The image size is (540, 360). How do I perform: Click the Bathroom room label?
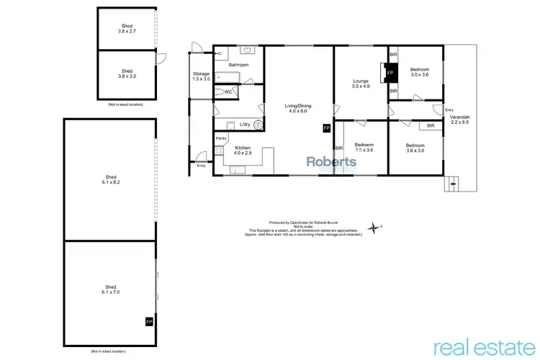pos(239,65)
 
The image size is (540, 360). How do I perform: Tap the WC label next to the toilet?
pos(228,92)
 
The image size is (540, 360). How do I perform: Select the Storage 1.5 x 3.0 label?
pos(201,76)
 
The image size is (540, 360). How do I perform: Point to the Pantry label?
pos(221,138)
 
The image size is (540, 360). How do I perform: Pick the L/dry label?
pos(244,125)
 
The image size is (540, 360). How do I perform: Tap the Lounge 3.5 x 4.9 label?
pos(361,84)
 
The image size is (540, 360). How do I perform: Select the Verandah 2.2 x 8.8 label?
pos(459,120)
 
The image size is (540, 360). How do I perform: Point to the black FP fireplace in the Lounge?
pos(390,73)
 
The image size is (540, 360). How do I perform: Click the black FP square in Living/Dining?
pos(326,128)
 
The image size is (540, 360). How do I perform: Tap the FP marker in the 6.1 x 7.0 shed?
pos(149,321)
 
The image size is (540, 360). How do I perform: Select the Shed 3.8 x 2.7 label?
pos(126,30)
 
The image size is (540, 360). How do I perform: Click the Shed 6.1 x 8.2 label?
pos(110,180)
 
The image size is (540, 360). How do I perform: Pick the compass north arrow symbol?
pos(374,228)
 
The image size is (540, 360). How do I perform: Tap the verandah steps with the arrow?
pos(452,184)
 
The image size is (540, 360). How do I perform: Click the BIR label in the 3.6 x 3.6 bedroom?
pos(431,126)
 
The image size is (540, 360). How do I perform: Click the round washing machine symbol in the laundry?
pos(258,125)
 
